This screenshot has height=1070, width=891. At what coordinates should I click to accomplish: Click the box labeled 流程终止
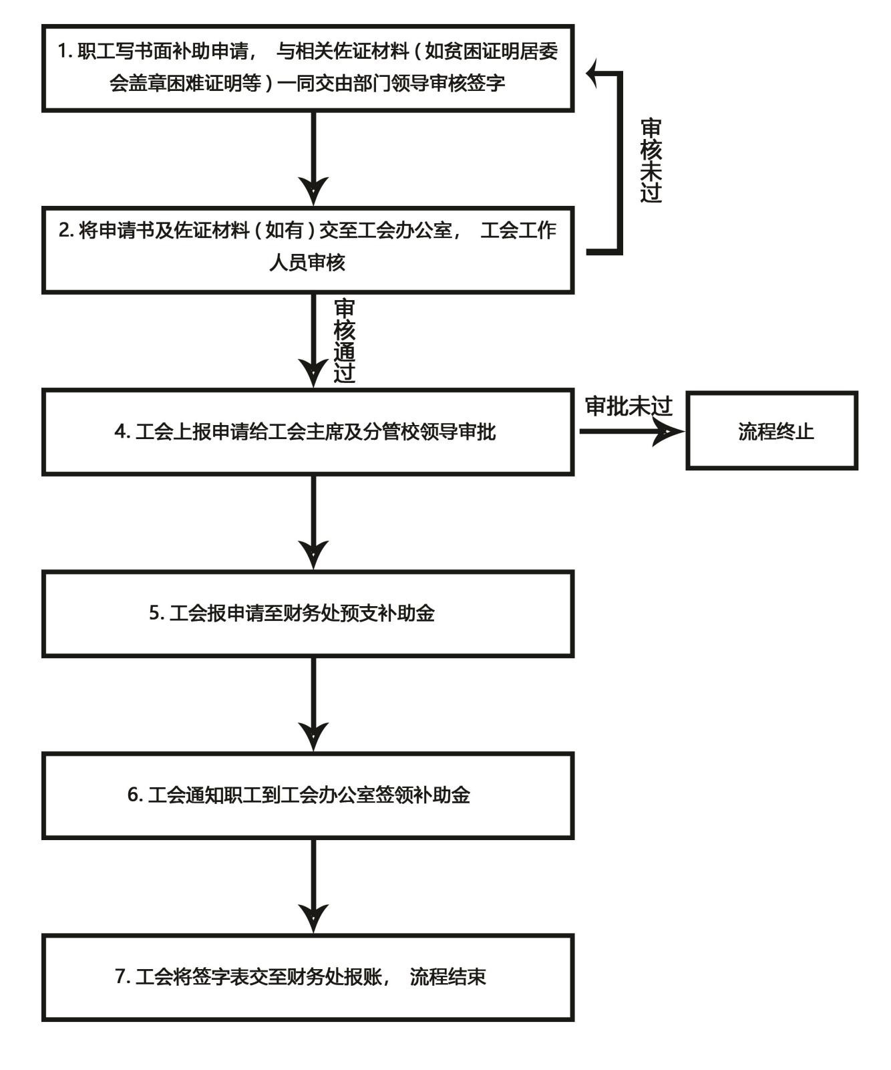(x=772, y=431)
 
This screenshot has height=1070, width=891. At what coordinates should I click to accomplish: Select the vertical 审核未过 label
(x=651, y=160)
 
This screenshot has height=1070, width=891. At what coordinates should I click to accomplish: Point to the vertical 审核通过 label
(x=344, y=341)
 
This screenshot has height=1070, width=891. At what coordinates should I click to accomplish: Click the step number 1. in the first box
(x=65, y=51)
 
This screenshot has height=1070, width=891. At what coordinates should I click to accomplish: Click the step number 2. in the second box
(x=66, y=231)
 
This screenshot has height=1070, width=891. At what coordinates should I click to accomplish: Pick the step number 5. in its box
(x=156, y=613)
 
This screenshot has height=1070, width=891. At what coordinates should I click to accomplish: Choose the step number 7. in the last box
(x=122, y=976)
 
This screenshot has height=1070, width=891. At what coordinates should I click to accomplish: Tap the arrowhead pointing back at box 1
(x=594, y=73)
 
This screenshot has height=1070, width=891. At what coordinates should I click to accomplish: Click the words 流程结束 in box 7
(x=448, y=976)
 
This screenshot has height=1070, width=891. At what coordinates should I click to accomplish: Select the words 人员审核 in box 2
(x=307, y=263)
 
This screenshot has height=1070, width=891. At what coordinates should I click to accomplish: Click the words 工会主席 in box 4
(x=295, y=432)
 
